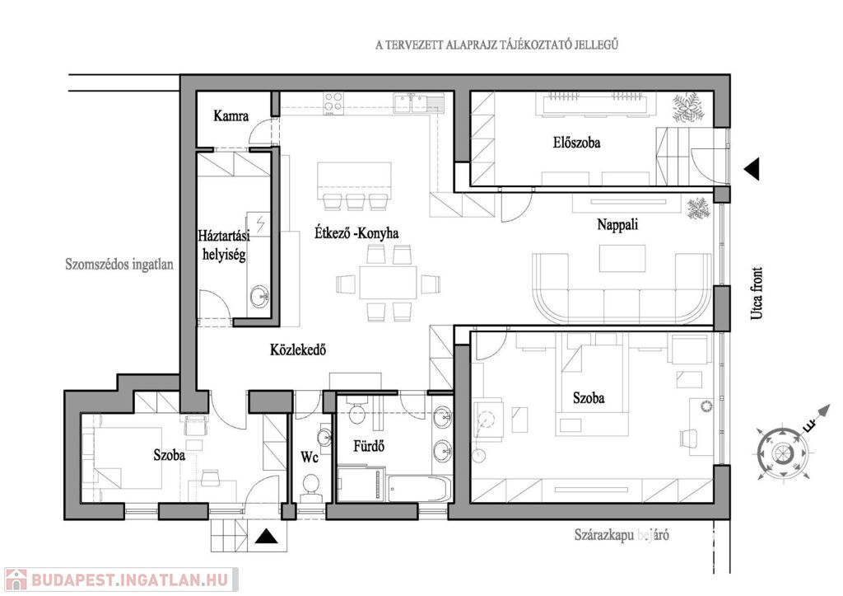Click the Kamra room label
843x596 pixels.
click(231, 116)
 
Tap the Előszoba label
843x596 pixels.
click(576, 143)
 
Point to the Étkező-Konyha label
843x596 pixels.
click(356, 233)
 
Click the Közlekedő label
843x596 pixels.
click(299, 350)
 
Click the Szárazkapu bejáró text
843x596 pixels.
click(622, 535)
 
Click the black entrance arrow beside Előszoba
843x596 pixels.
click(750, 169)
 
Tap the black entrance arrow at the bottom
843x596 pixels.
click(265, 537)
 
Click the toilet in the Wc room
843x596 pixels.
click(310, 492)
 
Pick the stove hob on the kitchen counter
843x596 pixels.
click(333, 102)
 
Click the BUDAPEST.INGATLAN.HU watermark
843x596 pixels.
click(120, 579)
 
